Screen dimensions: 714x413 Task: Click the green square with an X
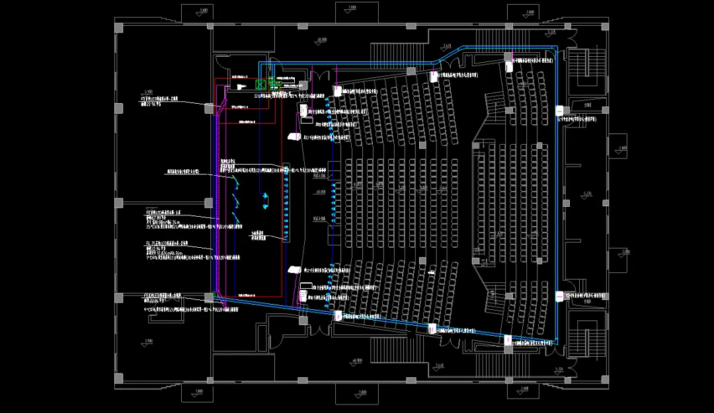tap(260, 85)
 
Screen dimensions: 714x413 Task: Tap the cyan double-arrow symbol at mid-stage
tap(266, 198)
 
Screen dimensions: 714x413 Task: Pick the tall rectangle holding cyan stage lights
tap(286, 202)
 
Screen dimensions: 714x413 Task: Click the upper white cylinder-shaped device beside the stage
tap(292, 137)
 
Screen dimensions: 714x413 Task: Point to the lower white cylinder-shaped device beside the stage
tap(292, 270)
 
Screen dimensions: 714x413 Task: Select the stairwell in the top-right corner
tap(587, 69)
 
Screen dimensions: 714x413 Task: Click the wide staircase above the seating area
tap(397, 50)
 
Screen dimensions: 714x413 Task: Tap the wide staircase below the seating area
tap(397, 350)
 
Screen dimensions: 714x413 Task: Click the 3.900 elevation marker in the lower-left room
tap(147, 340)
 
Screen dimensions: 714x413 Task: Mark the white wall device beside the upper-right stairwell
tap(559, 109)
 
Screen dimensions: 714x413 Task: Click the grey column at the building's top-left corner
tap(119, 27)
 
